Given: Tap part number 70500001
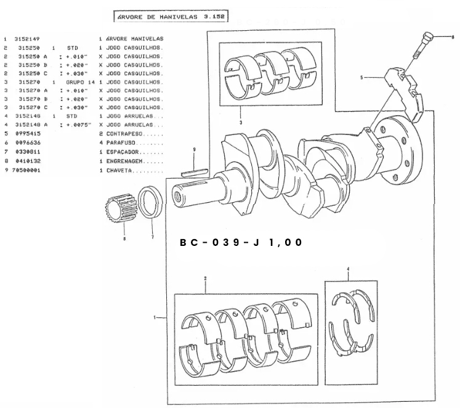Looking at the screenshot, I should (x=26, y=169).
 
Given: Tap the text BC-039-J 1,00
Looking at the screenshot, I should (x=241, y=242).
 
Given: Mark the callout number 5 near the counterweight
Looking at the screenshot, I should (x=363, y=78).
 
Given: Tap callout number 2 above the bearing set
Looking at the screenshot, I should (x=204, y=279).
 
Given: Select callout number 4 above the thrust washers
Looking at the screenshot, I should (x=348, y=269).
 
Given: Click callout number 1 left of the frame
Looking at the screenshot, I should (x=155, y=317).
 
